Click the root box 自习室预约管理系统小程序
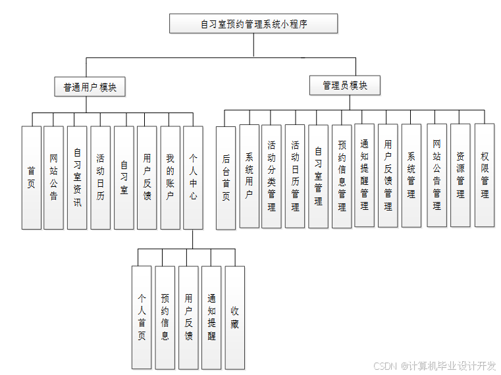[253, 24]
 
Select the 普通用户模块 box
[90, 87]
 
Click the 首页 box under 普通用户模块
[32, 178]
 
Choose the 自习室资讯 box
[77, 178]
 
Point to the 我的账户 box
[170, 178]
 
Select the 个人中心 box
[193, 178]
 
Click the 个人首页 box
[142, 317]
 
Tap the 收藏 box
[235, 317]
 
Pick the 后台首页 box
[226, 178]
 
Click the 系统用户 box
[249, 176]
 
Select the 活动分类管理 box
[271, 176]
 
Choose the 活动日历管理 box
[295, 176]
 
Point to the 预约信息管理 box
[342, 176]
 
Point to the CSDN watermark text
[435, 366]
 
